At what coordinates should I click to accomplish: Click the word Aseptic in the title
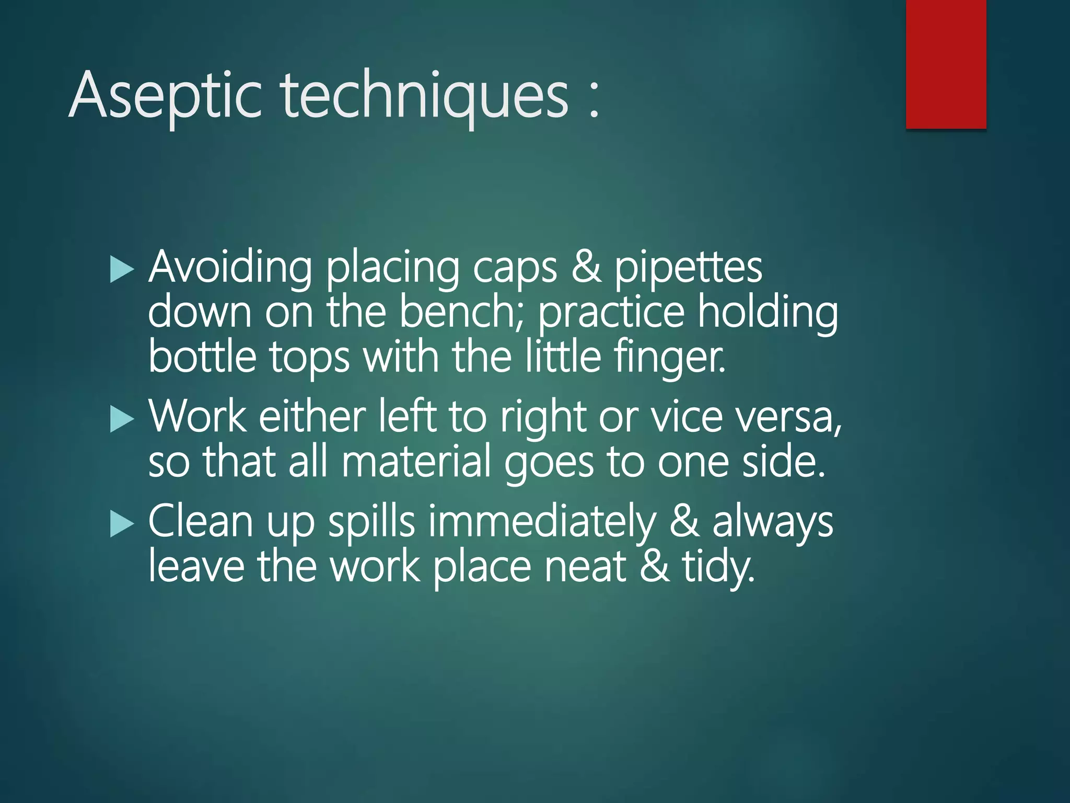click(x=165, y=96)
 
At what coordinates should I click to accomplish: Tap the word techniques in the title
click(x=425, y=96)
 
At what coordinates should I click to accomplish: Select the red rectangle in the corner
click(x=946, y=64)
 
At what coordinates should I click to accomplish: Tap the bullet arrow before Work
click(x=122, y=419)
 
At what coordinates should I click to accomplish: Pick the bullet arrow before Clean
click(x=122, y=524)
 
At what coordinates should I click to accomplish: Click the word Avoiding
click(x=230, y=268)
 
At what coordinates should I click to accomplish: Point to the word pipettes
click(x=688, y=268)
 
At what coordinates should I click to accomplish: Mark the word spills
click(x=371, y=522)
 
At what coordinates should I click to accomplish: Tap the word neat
click(x=585, y=567)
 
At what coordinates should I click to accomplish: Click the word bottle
click(x=202, y=358)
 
